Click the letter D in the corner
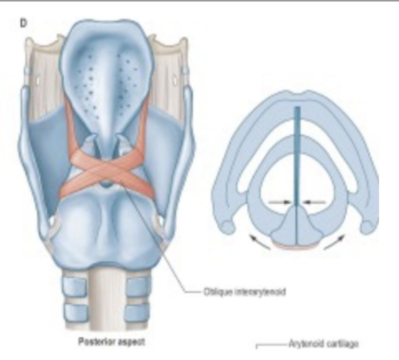click(x=22, y=22)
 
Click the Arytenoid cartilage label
click(x=323, y=344)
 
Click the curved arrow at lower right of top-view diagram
click(x=335, y=240)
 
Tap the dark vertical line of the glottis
click(x=296, y=155)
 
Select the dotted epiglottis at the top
click(x=107, y=73)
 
